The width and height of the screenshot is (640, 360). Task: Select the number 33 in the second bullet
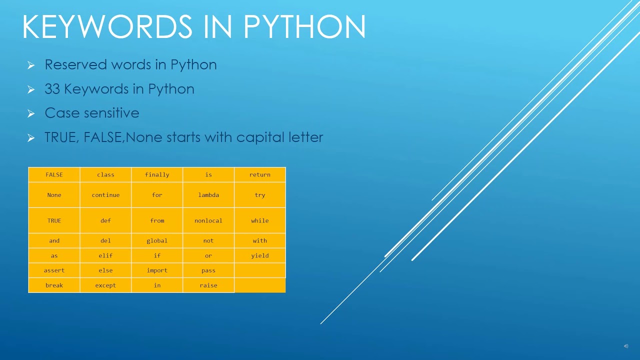coord(52,89)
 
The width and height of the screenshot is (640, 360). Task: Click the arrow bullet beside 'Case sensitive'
coord(31,113)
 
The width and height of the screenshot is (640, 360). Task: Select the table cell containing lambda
coord(208,195)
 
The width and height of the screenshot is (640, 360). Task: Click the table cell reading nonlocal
coord(208,220)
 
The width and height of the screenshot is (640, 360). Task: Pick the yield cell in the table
coord(260,255)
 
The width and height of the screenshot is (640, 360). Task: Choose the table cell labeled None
coord(54,195)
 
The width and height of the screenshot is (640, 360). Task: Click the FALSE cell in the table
coord(54,174)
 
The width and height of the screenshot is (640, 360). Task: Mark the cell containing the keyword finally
coord(157,174)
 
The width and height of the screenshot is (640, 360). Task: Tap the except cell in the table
coord(105,285)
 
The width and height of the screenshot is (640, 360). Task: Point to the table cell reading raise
coord(208,285)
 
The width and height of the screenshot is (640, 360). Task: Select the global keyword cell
coord(157,240)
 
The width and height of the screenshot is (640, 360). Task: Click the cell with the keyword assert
coord(54,270)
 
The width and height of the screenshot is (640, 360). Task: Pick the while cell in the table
coord(260,220)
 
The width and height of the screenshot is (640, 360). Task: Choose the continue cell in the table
coord(105,195)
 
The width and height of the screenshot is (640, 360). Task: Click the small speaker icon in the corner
coord(626,346)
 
